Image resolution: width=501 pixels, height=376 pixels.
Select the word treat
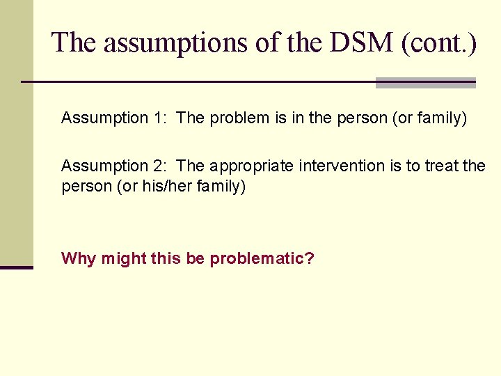coord(441,166)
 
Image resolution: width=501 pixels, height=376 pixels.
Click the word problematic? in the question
coord(262,259)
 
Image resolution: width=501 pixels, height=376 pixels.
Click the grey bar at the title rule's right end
coord(425,83)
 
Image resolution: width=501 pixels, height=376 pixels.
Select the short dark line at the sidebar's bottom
coord(16,267)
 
